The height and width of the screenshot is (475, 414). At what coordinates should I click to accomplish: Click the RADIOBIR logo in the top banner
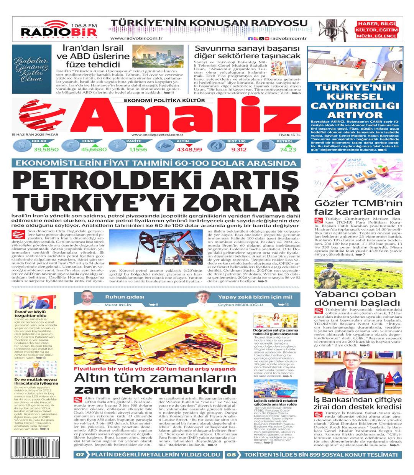click(59, 30)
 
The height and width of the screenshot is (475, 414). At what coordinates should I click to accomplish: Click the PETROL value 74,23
click(288, 149)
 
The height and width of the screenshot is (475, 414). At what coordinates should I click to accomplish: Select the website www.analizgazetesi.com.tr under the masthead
click(157, 135)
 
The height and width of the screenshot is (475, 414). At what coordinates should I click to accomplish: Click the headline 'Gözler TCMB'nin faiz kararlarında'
click(358, 208)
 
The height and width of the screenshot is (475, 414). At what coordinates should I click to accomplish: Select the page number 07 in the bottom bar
click(80, 455)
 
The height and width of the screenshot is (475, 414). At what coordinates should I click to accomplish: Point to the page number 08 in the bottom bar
click(231, 455)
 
